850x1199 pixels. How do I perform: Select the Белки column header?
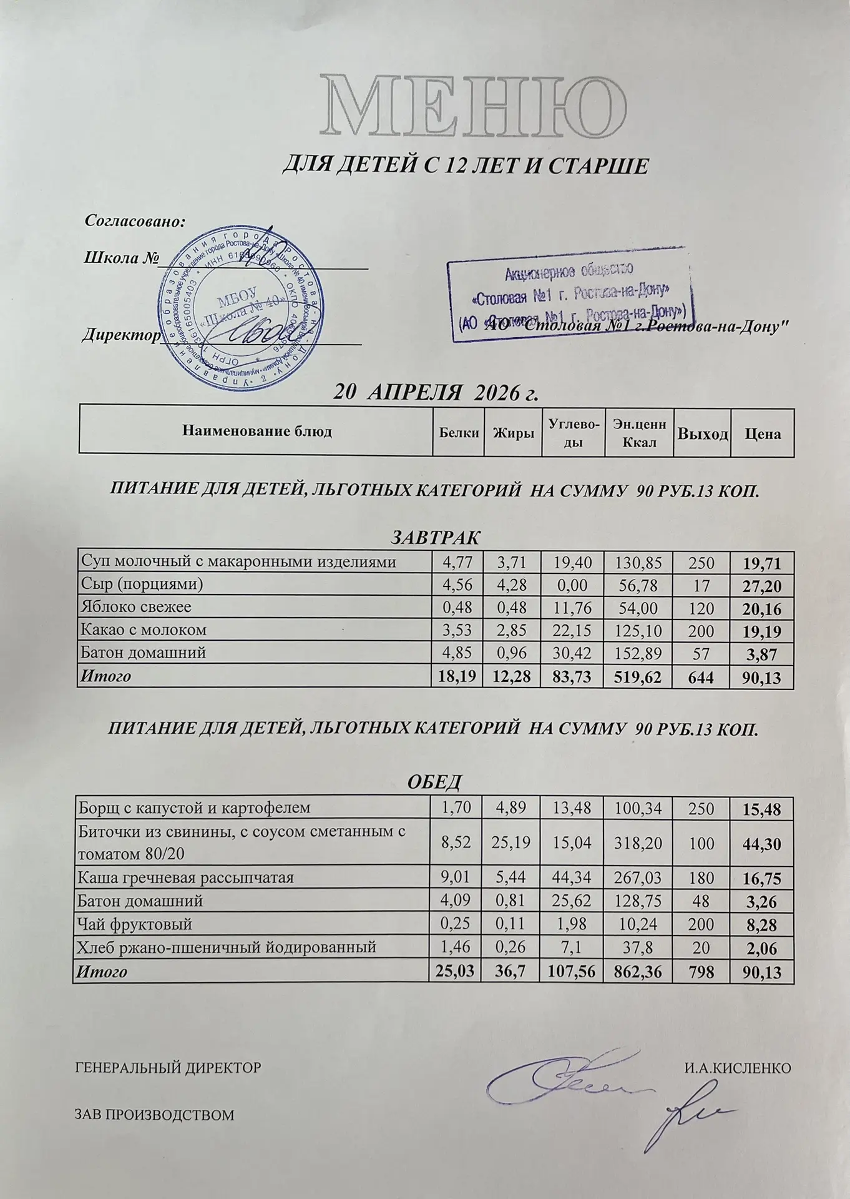point(459,432)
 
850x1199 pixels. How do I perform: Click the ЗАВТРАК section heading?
point(435,537)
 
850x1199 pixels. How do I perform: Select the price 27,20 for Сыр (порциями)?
point(762,586)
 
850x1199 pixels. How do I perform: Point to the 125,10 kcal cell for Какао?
point(638,631)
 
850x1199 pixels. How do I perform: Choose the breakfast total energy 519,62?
point(637,677)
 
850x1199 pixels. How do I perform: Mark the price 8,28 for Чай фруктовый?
point(762,925)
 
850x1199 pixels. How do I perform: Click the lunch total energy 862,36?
point(637,972)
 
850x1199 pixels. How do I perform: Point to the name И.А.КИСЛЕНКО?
point(737,1067)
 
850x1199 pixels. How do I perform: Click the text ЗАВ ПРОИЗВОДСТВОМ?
point(154,1115)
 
